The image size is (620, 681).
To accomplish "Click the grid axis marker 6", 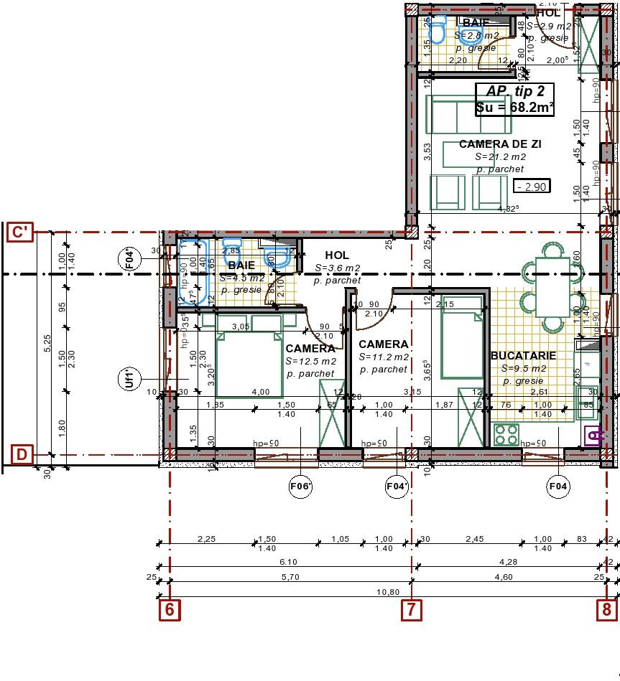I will [x=169, y=609].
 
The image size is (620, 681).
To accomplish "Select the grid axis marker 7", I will [x=411, y=609].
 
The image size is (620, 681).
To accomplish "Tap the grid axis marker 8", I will [x=607, y=609].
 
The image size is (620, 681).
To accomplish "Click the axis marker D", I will [x=22, y=454].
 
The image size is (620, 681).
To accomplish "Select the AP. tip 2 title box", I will [x=514, y=100].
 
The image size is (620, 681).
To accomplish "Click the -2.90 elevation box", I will [x=532, y=187].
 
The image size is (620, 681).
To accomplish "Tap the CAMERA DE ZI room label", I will [x=500, y=144].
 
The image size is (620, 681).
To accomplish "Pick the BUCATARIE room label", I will [x=522, y=375].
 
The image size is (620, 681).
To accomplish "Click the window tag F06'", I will [x=301, y=487].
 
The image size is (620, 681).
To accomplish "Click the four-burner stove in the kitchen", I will [x=506, y=434].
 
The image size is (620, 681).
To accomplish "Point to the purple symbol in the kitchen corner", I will [x=593, y=436].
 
